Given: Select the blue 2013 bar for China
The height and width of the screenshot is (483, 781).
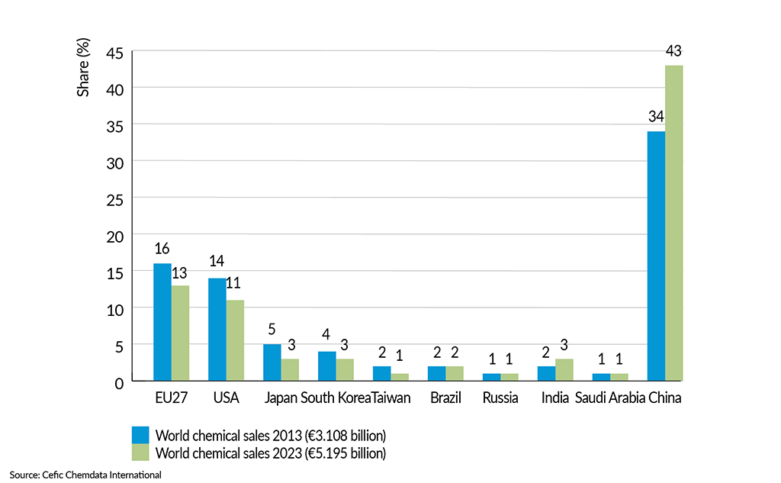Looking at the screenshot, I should tap(656, 256).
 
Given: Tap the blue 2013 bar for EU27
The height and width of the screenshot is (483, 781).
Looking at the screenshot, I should tap(162, 321).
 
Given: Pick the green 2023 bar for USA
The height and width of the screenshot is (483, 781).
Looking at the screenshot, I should tap(235, 340).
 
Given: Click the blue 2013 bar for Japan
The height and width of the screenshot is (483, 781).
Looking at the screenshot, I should tap(272, 362).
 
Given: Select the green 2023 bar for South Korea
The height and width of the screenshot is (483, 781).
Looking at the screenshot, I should tap(345, 369).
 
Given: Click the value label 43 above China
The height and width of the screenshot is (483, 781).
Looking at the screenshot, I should tap(673, 51).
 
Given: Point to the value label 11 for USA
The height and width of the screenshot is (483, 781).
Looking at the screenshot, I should tap(236, 284).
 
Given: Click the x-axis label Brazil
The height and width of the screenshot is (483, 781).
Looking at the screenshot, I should tap(445, 398).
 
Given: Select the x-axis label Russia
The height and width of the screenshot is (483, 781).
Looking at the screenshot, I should tap(500, 398).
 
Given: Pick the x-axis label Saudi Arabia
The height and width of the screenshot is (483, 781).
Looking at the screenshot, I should tap(609, 398).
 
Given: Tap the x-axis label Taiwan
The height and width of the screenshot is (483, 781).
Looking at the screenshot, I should tap(391, 398).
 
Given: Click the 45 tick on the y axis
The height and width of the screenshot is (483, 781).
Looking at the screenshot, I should tap(114, 53).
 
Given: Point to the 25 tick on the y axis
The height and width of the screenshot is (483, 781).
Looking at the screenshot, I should tap(114, 198).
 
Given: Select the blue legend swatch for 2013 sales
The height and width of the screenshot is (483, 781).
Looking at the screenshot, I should tap(140, 435).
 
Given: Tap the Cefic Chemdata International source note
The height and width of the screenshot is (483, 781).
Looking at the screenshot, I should tap(85, 475).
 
